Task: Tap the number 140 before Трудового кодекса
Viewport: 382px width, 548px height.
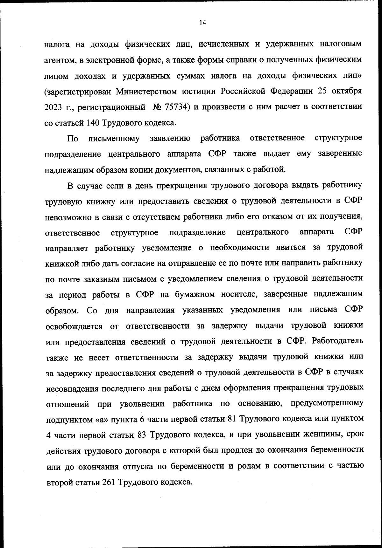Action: pos(92,122)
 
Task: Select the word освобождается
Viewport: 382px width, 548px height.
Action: pos(74,326)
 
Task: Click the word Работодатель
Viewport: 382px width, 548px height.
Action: pos(338,341)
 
